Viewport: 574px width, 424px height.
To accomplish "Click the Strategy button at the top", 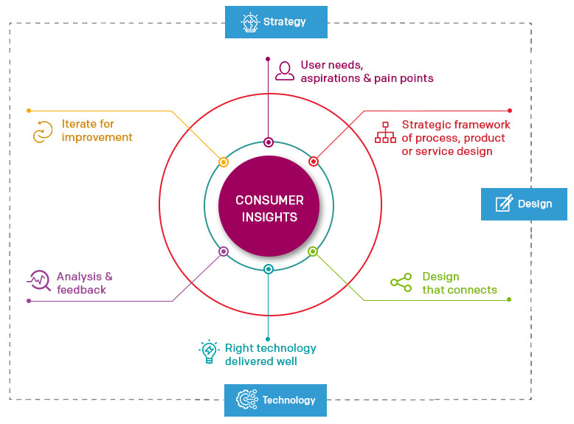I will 276,22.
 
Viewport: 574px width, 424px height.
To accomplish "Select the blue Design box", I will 524,204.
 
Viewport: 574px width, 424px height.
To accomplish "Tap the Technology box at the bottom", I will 276,400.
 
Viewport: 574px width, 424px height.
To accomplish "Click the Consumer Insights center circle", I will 269,208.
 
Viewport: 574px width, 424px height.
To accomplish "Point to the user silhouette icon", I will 285,71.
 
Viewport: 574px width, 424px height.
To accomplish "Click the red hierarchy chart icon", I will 385,132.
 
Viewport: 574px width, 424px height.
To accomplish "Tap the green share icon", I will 401,283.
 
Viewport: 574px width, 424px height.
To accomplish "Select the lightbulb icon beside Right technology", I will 210,352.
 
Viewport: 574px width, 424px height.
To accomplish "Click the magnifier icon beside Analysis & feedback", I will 39,281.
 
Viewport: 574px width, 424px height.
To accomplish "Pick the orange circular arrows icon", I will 43,132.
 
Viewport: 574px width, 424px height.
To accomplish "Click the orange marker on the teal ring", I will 224,162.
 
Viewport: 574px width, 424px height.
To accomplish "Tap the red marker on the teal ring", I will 313,161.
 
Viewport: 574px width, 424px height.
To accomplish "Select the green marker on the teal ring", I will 312,251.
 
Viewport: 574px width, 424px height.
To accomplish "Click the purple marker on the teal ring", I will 224,251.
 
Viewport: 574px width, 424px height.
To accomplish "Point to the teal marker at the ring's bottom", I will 269,269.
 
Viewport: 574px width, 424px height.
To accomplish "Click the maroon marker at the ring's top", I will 269,142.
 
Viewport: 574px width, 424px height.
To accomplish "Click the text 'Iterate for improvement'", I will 97,131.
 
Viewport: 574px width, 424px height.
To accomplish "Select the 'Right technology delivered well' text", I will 270,355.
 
